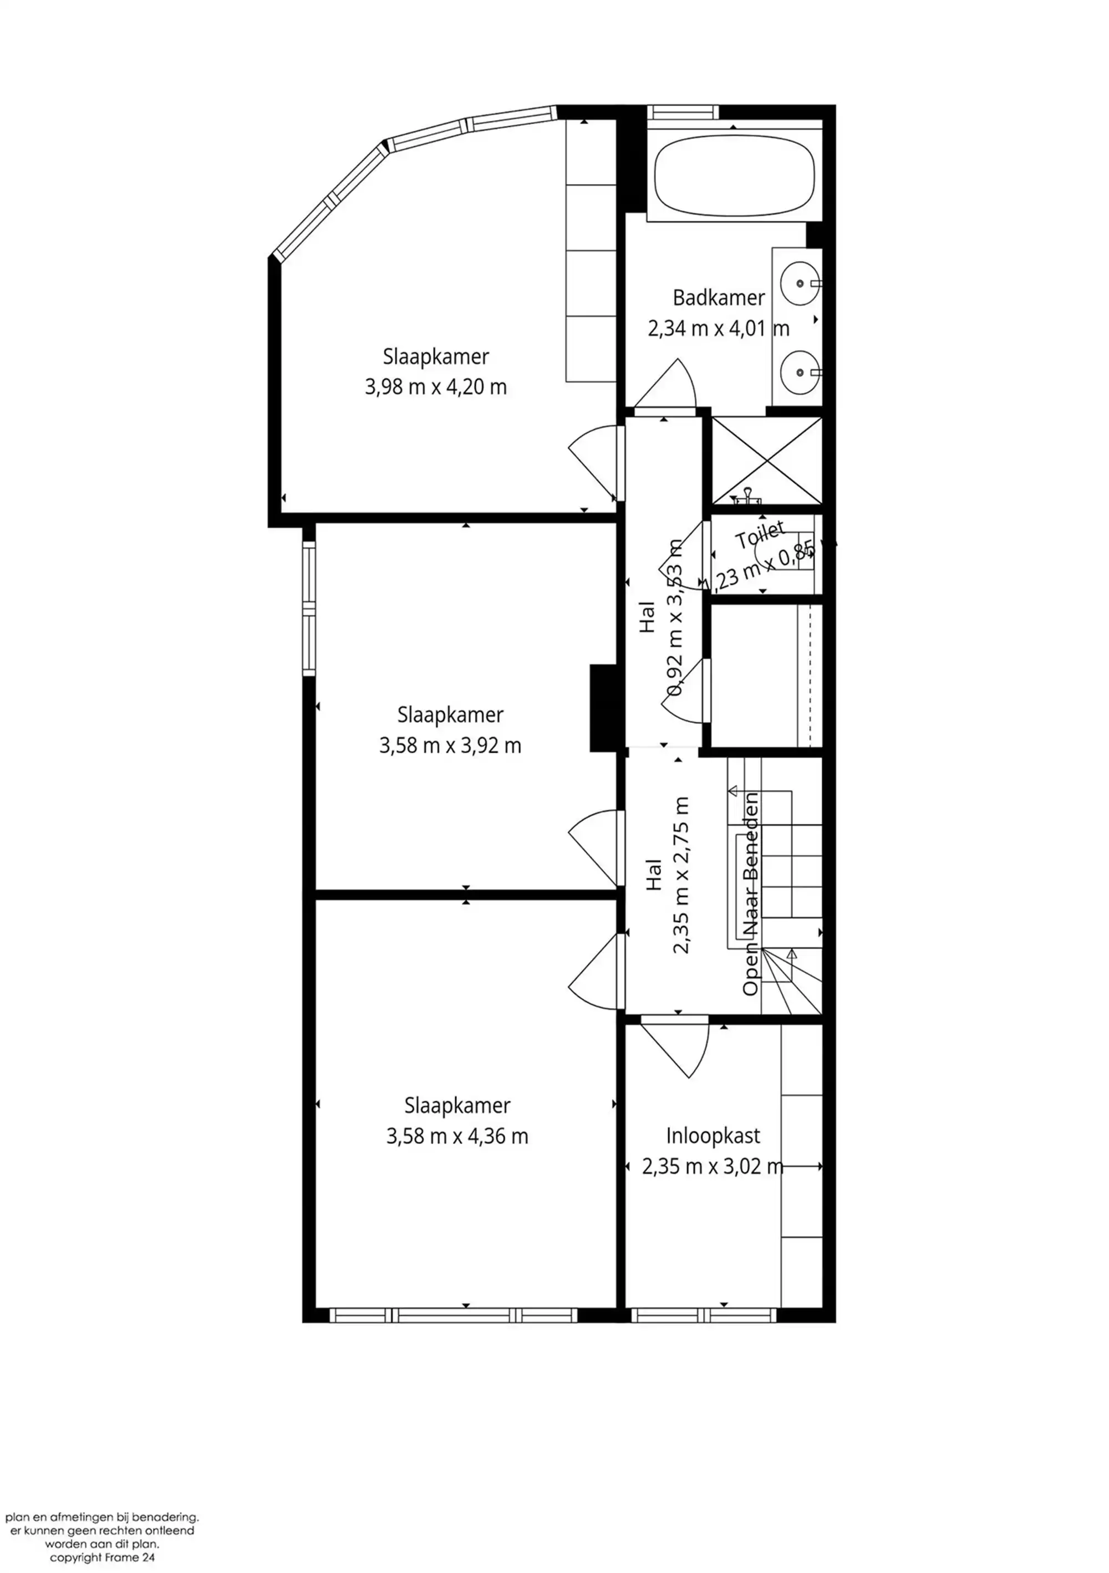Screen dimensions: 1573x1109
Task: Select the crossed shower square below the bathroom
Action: (x=766, y=461)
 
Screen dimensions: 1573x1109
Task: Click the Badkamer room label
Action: (x=718, y=298)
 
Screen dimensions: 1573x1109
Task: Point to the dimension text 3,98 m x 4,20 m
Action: (x=435, y=387)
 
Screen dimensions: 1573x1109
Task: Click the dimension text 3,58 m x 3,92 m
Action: (x=450, y=745)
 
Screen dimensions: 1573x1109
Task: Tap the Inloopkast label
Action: (x=713, y=1136)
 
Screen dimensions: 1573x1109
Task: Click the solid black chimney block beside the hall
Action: (x=604, y=708)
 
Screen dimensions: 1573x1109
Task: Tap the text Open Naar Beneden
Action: (x=751, y=893)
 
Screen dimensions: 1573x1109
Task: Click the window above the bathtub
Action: (x=683, y=111)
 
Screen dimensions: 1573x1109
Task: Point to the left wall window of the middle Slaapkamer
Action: (x=309, y=609)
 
